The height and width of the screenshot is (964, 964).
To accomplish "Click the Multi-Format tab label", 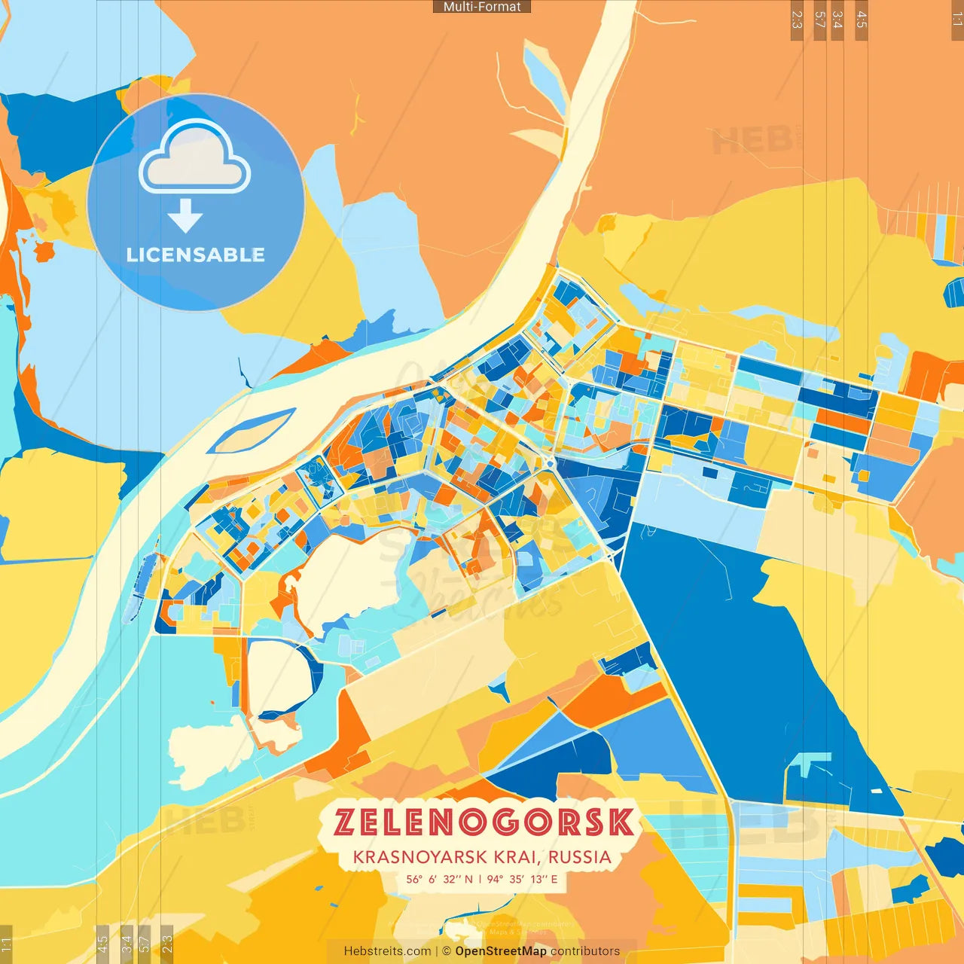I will [482, 7].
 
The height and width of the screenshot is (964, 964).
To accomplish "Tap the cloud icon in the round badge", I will [195, 160].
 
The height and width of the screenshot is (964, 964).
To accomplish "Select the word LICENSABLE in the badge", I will [196, 255].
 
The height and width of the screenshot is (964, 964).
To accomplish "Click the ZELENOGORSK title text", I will [484, 822].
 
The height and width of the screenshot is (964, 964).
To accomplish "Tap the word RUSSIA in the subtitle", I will [580, 857].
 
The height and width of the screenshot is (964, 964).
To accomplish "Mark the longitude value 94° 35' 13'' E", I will [523, 879].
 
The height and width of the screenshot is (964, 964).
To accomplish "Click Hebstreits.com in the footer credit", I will [387, 951].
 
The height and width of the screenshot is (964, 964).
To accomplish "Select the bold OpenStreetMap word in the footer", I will [501, 951].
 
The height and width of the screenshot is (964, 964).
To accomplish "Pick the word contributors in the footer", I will [585, 951].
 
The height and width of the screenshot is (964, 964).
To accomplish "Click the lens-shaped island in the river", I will [252, 430].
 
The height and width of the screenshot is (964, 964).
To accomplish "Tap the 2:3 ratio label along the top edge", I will [797, 20].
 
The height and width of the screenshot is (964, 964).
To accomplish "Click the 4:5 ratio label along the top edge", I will [862, 20].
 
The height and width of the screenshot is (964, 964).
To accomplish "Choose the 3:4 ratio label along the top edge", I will [837, 20].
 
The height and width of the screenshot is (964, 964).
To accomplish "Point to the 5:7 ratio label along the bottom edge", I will [144, 943].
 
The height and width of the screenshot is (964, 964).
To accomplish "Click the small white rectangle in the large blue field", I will [876, 790].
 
